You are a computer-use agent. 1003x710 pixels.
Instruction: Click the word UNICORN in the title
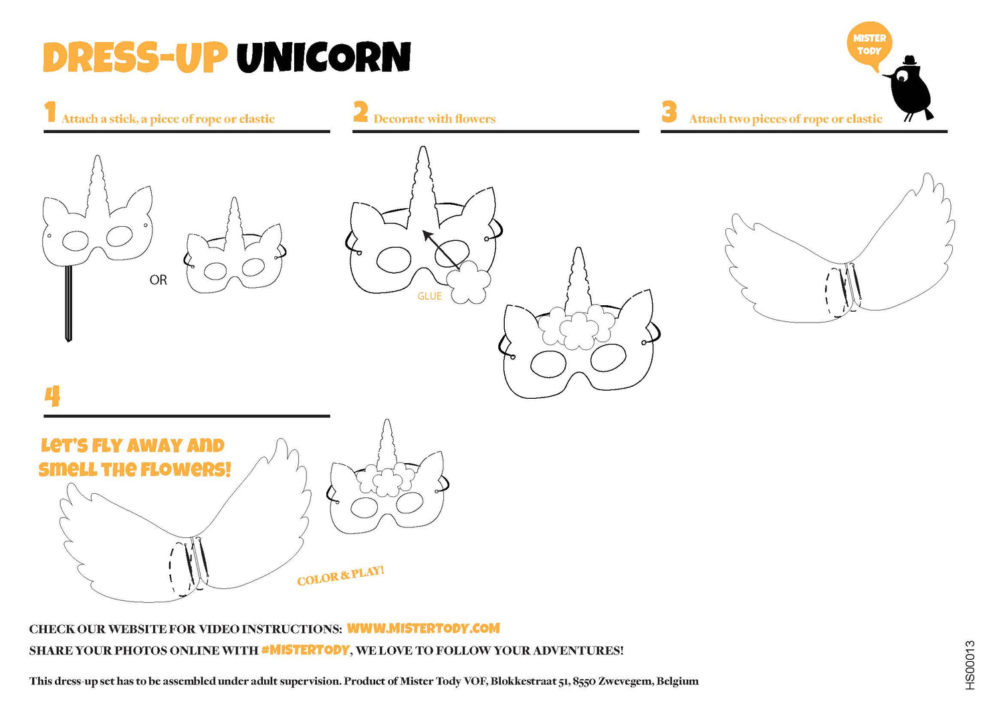pyautogui.click(x=324, y=58)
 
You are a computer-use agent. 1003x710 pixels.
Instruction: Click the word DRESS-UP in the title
pyautogui.click(x=134, y=58)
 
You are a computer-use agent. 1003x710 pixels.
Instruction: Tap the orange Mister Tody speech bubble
pyautogui.click(x=869, y=46)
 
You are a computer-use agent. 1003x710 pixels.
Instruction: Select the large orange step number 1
pyautogui.click(x=50, y=112)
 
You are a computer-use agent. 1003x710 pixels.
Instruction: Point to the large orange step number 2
pyautogui.click(x=360, y=112)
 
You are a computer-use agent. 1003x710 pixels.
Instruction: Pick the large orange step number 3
pyautogui.click(x=669, y=112)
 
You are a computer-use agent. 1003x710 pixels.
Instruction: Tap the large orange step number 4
pyautogui.click(x=52, y=395)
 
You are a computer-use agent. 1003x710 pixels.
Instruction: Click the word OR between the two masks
pyautogui.click(x=158, y=280)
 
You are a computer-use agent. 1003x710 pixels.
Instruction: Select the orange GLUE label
pyautogui.click(x=429, y=296)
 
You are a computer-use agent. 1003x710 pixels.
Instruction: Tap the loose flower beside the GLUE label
pyautogui.click(x=468, y=282)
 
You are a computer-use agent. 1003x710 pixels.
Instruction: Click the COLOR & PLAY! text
pyautogui.click(x=340, y=575)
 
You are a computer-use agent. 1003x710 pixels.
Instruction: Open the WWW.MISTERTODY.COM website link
pyautogui.click(x=423, y=628)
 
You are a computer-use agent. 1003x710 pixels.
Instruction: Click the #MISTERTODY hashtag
pyautogui.click(x=305, y=650)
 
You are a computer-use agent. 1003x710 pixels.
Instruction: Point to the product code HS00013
pyautogui.click(x=970, y=665)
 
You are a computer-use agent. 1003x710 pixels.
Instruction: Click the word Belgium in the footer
pyautogui.click(x=677, y=681)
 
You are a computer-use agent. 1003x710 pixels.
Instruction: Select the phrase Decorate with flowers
pyautogui.click(x=435, y=119)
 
